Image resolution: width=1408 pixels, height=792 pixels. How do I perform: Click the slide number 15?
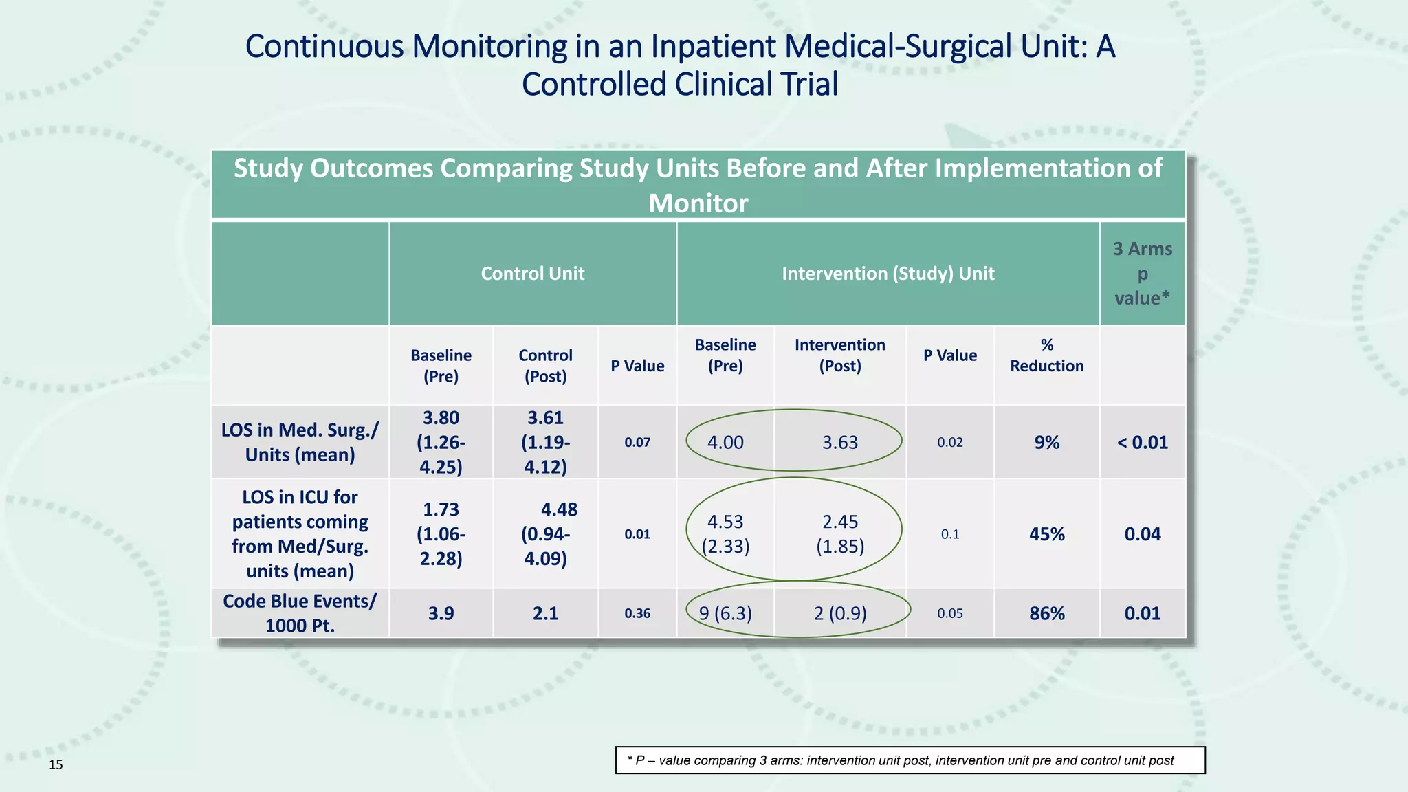pyautogui.click(x=56, y=764)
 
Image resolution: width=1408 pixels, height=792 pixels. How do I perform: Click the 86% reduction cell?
pyautogui.click(x=1046, y=613)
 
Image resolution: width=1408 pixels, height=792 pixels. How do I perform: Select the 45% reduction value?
pyautogui.click(x=1046, y=534)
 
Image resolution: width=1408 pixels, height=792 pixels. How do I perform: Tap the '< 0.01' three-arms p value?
pyautogui.click(x=1142, y=442)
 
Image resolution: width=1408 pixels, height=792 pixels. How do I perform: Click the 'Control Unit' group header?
pyautogui.click(x=532, y=274)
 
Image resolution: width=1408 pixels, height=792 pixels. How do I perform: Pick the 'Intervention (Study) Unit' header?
pyautogui.click(x=888, y=274)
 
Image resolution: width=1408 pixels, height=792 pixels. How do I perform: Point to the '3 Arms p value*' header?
pyautogui.click(x=1142, y=274)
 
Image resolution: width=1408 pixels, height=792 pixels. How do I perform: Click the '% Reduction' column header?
pyautogui.click(x=1046, y=355)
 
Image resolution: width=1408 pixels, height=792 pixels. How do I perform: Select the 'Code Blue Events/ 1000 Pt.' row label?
pyautogui.click(x=300, y=613)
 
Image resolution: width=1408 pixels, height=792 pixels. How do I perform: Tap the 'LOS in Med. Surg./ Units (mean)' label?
pyautogui.click(x=300, y=442)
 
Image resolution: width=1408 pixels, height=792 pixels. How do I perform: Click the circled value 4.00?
pyautogui.click(x=725, y=442)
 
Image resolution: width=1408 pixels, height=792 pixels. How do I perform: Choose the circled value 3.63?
pyautogui.click(x=839, y=442)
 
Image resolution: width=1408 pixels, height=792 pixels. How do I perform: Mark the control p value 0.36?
pyautogui.click(x=637, y=613)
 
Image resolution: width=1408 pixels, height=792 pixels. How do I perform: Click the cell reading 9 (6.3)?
pyautogui.click(x=725, y=613)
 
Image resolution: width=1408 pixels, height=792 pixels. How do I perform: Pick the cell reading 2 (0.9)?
pyautogui.click(x=839, y=613)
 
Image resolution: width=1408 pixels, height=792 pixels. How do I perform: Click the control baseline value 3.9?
pyautogui.click(x=441, y=613)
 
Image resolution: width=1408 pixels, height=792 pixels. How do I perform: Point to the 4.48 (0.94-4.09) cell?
pyautogui.click(x=546, y=534)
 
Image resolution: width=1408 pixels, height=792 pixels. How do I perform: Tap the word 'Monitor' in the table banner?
pyautogui.click(x=698, y=203)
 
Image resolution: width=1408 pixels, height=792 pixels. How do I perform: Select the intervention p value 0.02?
pyautogui.click(x=949, y=442)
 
